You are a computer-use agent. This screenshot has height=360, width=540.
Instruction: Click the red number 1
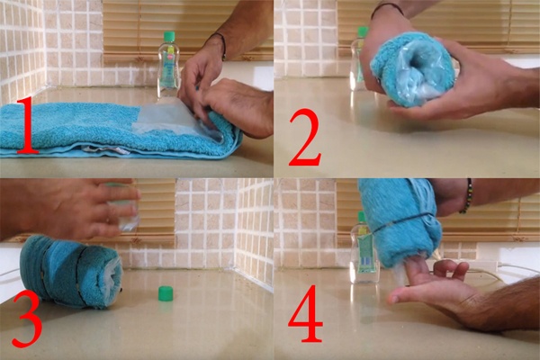point(28,125)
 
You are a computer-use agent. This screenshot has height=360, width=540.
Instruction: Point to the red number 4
point(305,313)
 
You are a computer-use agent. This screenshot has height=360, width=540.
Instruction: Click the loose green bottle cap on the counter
point(165,294)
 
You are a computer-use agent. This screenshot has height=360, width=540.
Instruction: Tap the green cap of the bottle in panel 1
point(169,37)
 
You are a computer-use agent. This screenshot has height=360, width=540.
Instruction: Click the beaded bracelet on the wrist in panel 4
point(466,195)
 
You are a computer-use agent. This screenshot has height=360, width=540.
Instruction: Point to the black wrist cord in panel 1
point(218,43)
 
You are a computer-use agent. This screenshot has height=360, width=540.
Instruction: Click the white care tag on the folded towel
point(102,150)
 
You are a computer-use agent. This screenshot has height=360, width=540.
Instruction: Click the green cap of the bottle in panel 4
point(361,217)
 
